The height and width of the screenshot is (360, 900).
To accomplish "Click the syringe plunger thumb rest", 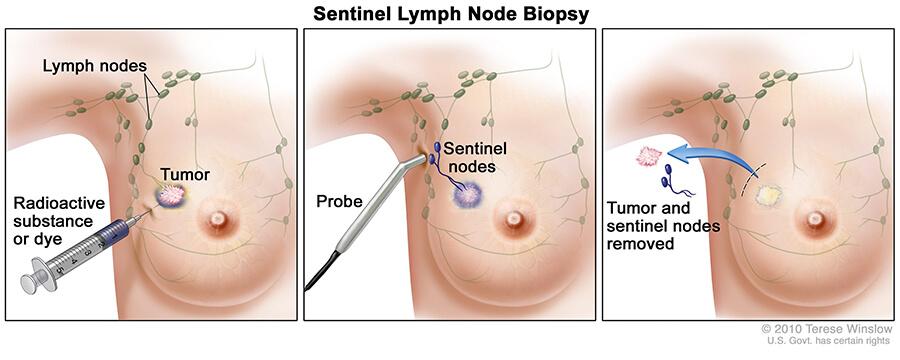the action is [32, 281].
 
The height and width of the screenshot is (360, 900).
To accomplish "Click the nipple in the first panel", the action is [218, 219].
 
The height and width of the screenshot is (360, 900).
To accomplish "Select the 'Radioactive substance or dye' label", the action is [59, 222].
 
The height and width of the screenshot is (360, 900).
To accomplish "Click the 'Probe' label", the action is [339, 202].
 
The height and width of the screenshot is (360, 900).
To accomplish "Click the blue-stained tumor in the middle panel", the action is [468, 196].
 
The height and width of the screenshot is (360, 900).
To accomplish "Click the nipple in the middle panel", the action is [515, 219].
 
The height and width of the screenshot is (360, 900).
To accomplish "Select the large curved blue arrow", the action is [716, 156].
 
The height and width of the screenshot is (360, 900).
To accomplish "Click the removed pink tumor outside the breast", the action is [649, 156].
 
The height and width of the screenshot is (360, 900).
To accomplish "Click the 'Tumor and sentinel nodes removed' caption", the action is [664, 226].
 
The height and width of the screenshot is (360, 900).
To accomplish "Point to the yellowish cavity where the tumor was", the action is [769, 196].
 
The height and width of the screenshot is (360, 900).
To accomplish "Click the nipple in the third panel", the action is [814, 219].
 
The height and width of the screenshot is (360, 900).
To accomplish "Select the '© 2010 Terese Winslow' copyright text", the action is [827, 329].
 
